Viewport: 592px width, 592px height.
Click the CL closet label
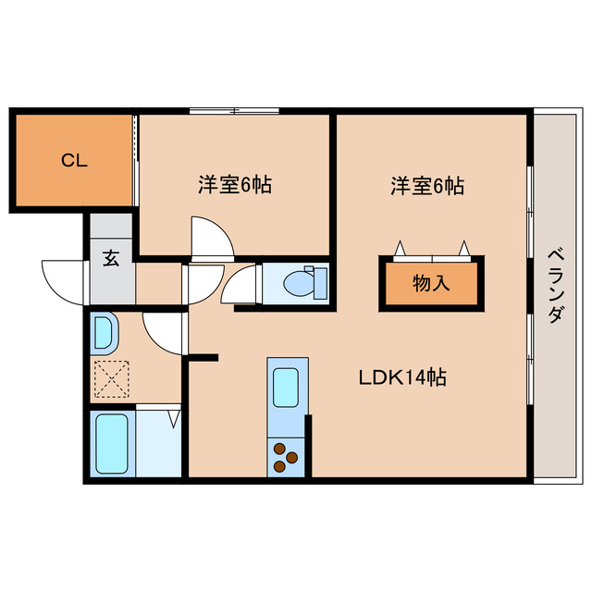coord(74,161)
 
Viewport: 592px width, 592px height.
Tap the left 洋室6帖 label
coord(234,185)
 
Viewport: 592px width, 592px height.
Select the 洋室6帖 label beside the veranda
coord(426,186)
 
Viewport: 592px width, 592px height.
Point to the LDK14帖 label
coord(402,377)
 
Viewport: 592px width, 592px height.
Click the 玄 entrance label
coord(111,258)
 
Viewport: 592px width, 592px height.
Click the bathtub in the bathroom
coord(112,443)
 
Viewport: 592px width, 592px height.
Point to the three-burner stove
coord(285,456)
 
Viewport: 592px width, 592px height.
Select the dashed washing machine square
coord(113,376)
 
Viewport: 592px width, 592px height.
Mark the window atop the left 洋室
coord(234,112)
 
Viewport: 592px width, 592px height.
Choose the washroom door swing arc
coord(164,333)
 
